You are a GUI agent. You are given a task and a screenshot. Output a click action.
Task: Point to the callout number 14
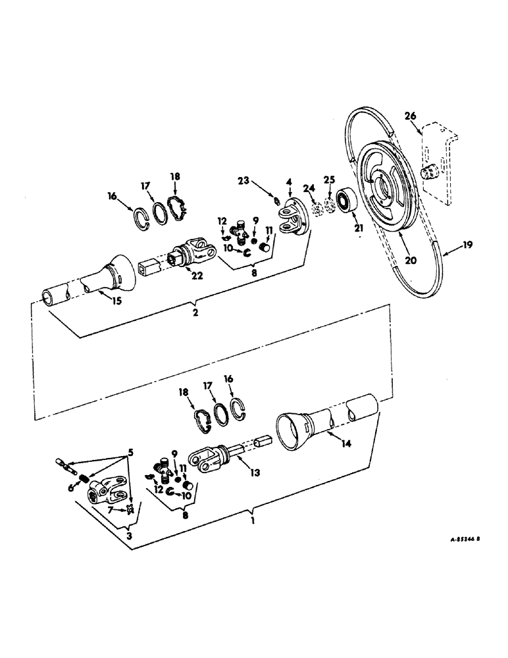pos(346,444)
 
